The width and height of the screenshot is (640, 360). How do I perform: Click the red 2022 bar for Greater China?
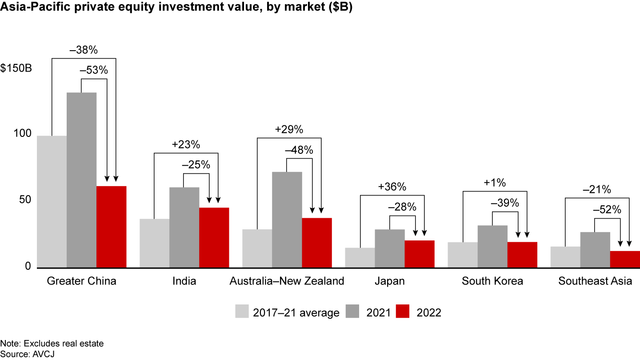pyautogui.click(x=111, y=227)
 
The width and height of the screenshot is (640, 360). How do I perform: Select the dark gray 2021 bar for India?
pyautogui.click(x=184, y=227)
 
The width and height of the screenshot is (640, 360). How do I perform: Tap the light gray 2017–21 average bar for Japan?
pyautogui.click(x=360, y=258)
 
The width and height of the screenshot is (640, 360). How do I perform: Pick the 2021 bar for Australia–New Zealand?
pyautogui.click(x=287, y=220)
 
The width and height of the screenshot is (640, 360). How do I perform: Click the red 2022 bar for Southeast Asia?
pyautogui.click(x=625, y=260)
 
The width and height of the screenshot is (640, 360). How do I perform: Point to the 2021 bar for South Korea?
pyautogui.click(x=492, y=246)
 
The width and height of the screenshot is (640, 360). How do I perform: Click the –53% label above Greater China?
pyautogui.click(x=94, y=70)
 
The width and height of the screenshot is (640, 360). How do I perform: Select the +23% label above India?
pyautogui.click(x=186, y=144)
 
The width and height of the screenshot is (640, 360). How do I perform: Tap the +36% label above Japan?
pyautogui.click(x=392, y=187)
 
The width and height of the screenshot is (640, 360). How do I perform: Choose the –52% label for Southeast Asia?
pyautogui.click(x=607, y=210)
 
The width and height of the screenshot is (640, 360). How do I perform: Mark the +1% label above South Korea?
pyautogui.click(x=495, y=183)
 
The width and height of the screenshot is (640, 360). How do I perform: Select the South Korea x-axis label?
pyautogui.click(x=492, y=281)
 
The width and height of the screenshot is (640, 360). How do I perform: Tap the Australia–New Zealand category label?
pyautogui.click(x=287, y=281)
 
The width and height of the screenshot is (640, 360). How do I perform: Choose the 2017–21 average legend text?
pyautogui.click(x=296, y=312)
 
